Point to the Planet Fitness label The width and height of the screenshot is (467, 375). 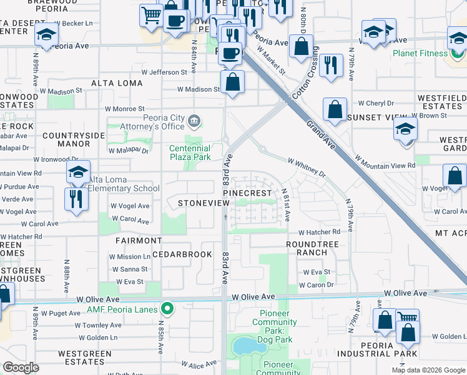coord(420,53)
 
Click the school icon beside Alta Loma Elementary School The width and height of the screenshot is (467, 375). coord(79,173)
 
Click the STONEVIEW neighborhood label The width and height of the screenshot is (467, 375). coord(199,204)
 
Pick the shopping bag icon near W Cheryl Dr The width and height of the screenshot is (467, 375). coord(335,109)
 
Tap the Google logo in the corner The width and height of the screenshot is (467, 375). coord(21,367)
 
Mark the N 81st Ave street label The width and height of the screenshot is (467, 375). coord(285,204)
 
